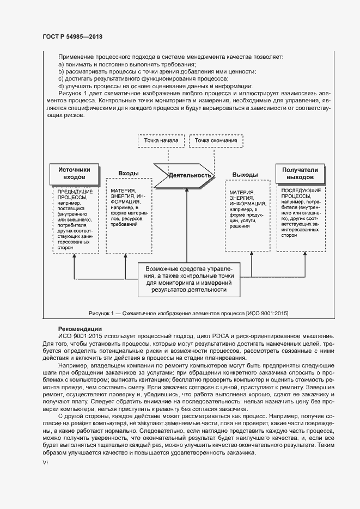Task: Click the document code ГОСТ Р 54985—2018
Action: point(72,37)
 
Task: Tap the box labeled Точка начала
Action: point(161,140)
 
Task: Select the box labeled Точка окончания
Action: point(216,140)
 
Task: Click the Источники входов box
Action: point(74,174)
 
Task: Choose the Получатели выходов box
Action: point(300,174)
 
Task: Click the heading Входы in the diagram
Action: point(128,173)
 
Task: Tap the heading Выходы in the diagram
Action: point(245,174)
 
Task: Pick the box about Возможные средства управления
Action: point(188,279)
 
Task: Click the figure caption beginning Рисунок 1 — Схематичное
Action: point(188,313)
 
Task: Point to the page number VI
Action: point(45,462)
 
